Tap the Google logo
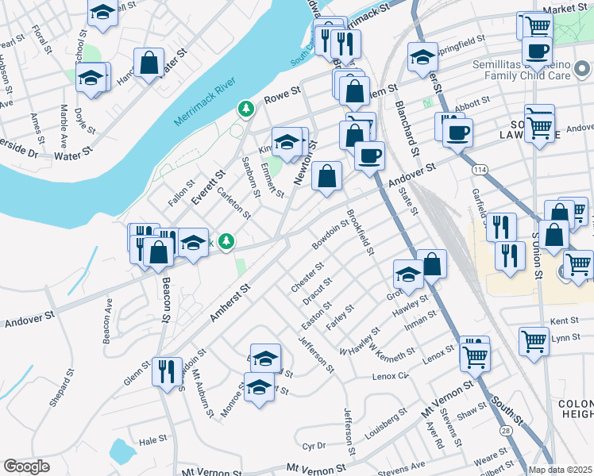coord(26,466)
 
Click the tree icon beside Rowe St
coord(246,107)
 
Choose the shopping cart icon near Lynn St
coord(534,340)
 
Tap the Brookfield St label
coord(361,232)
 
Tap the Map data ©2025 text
coord(561,470)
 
